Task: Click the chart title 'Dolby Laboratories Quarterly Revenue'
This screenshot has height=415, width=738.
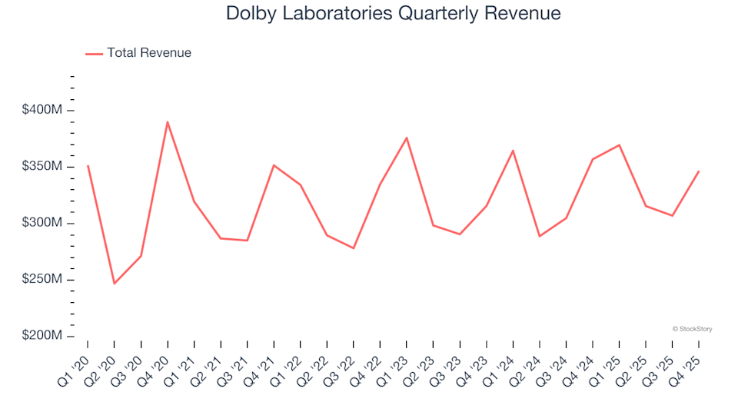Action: [x=393, y=14]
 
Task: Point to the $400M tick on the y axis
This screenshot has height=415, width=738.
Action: [x=70, y=111]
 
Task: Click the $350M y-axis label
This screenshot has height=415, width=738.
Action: [x=42, y=167]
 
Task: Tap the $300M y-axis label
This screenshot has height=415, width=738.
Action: [x=42, y=223]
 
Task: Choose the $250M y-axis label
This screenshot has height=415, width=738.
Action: [x=42, y=280]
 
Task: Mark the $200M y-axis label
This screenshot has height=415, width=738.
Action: [x=42, y=336]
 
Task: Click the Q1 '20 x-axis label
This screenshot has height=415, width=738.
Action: [x=75, y=360]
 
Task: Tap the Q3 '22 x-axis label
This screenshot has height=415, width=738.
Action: [x=341, y=360]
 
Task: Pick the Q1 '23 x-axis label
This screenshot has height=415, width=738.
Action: [x=394, y=360]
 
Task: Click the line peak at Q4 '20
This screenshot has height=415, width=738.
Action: [x=168, y=121]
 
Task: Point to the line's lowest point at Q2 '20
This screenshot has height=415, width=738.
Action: [x=115, y=284]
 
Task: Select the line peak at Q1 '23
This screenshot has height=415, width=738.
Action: [x=407, y=138]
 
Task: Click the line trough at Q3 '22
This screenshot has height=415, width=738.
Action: [x=354, y=248]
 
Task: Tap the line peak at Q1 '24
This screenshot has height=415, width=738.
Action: [x=513, y=151]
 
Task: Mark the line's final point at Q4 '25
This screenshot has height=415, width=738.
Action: [x=699, y=171]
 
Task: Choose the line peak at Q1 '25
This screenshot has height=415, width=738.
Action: [x=619, y=145]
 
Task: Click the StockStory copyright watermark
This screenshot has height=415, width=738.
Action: [x=692, y=329]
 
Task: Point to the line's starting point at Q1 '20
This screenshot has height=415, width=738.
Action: [x=88, y=165]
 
